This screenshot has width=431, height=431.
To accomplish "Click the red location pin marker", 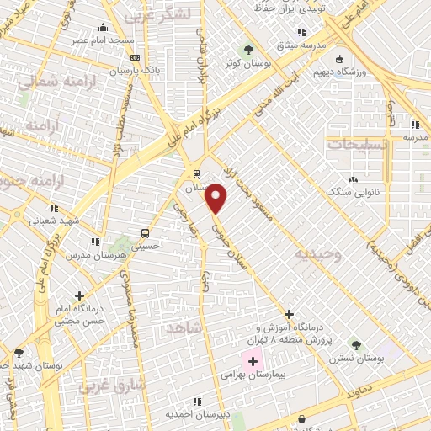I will click(x=216, y=199).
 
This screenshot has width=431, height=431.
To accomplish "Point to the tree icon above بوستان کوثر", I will click(x=247, y=49).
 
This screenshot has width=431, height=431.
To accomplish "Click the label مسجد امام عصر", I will click(x=104, y=40).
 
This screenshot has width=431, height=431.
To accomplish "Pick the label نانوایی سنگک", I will click(x=350, y=192).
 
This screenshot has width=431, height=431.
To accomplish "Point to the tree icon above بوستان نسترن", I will click(x=356, y=344).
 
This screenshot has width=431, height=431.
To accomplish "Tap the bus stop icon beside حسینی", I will click(x=146, y=233).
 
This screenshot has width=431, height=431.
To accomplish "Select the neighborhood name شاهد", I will click(x=185, y=328).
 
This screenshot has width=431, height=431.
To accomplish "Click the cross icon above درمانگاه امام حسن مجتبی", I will click(x=79, y=296).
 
